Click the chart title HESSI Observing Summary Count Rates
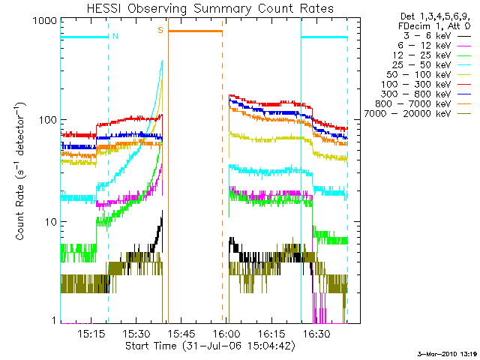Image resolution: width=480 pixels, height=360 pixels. pos(211,8)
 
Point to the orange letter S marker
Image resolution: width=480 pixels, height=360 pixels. pos(160,30)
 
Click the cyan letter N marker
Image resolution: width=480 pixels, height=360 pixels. pos(115,36)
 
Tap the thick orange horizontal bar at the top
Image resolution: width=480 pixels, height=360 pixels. pos(195,31)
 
